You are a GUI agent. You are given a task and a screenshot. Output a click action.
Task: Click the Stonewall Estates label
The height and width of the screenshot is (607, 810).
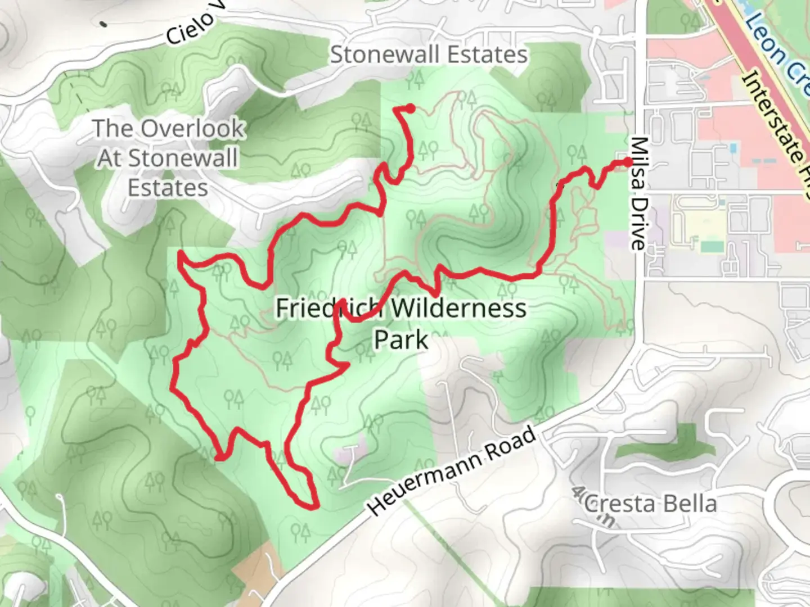(x=429, y=55)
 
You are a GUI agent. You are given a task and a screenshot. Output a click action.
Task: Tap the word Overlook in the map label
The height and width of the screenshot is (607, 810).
(x=192, y=129)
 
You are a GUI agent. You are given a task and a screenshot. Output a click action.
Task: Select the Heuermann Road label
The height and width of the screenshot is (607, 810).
(x=453, y=471)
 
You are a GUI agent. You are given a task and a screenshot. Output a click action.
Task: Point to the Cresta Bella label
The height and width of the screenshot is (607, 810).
(x=650, y=504)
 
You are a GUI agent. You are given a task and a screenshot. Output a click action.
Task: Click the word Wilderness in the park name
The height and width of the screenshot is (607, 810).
(x=458, y=308)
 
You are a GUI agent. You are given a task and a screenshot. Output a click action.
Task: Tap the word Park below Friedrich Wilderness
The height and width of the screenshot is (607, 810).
(x=401, y=339)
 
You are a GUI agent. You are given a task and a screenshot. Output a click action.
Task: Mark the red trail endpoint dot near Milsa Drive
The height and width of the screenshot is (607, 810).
(x=628, y=162)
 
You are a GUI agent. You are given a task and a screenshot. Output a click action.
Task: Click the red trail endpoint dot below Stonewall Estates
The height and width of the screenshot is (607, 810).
(x=411, y=108)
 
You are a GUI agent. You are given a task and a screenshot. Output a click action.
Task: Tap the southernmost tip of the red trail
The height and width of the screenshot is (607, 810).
(x=313, y=508)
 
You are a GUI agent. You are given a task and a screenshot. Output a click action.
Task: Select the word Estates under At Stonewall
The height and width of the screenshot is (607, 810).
(x=168, y=187)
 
